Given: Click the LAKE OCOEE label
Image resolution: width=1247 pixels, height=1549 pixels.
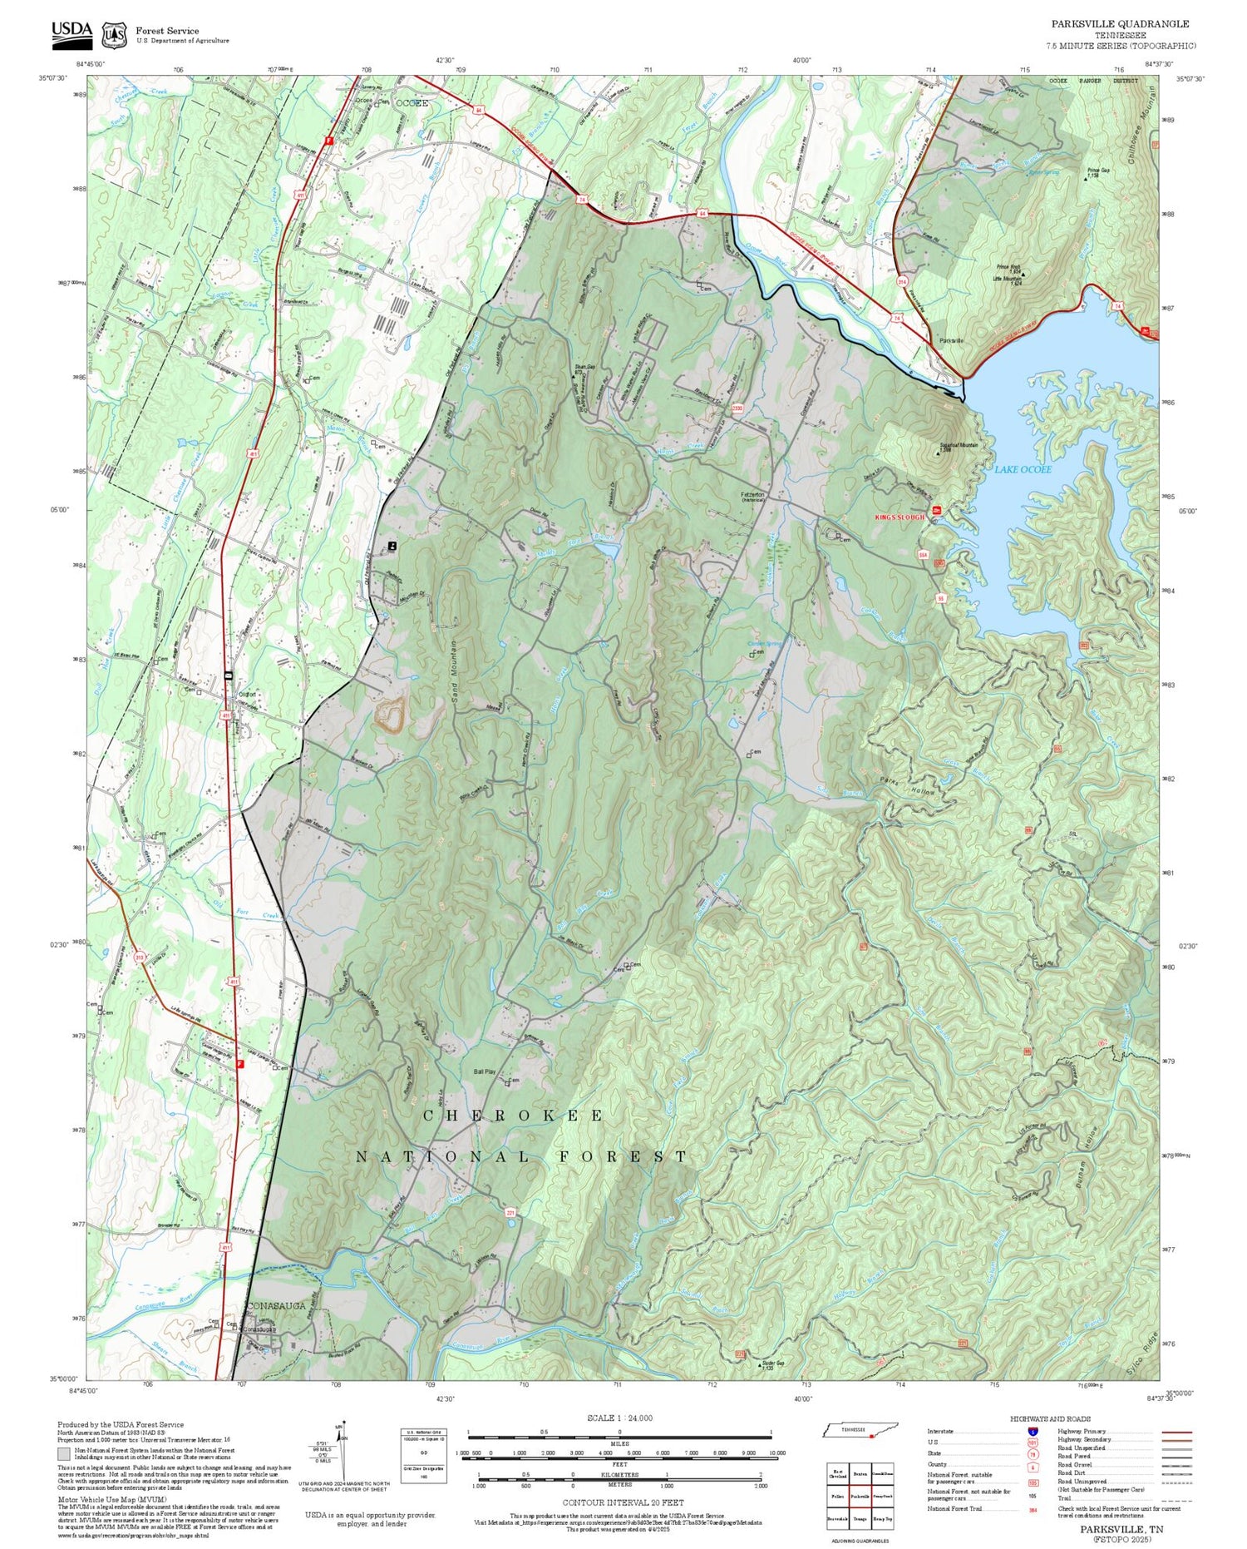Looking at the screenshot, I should [x=1023, y=469].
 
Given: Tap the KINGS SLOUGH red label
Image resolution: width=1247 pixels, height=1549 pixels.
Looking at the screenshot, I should [x=899, y=517].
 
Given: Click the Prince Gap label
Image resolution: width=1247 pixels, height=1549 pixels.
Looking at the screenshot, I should [x=1098, y=171].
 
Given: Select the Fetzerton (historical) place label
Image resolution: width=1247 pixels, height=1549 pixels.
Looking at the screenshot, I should [x=752, y=496].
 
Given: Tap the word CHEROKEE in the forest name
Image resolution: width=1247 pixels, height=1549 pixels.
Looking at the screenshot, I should [x=513, y=1116].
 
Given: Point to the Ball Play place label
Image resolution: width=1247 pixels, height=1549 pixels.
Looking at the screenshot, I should [x=484, y=1071].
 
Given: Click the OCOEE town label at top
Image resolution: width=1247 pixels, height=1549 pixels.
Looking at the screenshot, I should [x=412, y=103].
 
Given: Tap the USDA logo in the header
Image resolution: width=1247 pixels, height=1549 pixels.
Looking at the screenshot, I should [x=72, y=32].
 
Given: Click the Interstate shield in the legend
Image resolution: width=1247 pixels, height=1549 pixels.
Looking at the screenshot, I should [x=1033, y=1432].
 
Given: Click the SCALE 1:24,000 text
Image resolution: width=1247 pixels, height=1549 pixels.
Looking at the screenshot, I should [x=619, y=1418].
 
